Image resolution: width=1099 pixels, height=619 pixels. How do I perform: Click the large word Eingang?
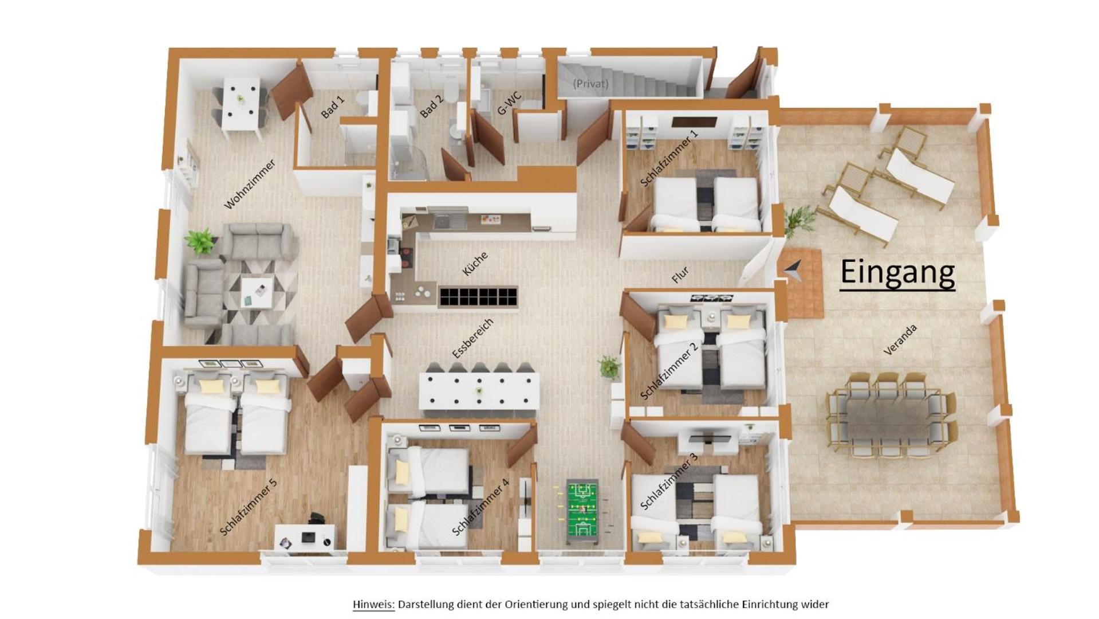tap(897, 272)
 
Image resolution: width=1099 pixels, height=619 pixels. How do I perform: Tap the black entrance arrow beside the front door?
tap(793, 269)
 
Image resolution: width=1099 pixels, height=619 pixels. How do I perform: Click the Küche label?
tap(475, 264)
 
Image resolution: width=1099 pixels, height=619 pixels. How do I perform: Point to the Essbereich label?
tap(472, 339)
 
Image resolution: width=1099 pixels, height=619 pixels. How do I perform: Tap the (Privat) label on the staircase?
tap(590, 84)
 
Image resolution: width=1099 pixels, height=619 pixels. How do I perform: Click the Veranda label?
tap(900, 339)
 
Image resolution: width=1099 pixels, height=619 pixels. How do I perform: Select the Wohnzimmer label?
tap(250, 184)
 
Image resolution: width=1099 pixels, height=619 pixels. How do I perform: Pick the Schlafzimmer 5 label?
tap(249, 507)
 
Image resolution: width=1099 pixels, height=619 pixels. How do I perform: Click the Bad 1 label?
tap(333, 107)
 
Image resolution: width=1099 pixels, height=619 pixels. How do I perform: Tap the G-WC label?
tap(509, 103)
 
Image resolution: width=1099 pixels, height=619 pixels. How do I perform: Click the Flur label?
tap(680, 275)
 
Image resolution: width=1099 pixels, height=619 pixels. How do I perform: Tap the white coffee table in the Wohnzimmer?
tap(256, 292)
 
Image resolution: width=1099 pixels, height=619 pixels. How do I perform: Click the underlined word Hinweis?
tap(373, 604)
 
